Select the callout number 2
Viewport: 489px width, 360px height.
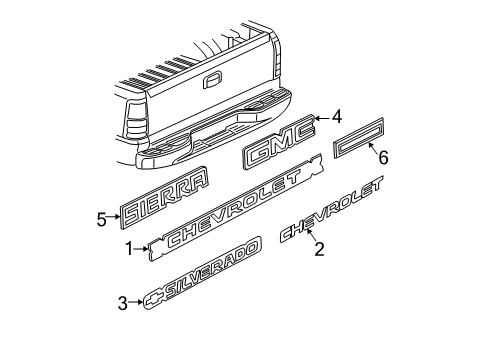(319, 250)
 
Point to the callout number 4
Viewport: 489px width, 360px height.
(337, 117)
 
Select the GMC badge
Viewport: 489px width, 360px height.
(278, 149)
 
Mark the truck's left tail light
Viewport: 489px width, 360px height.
(134, 124)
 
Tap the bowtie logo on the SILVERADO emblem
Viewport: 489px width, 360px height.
(154, 298)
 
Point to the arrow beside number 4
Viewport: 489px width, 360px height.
(322, 119)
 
